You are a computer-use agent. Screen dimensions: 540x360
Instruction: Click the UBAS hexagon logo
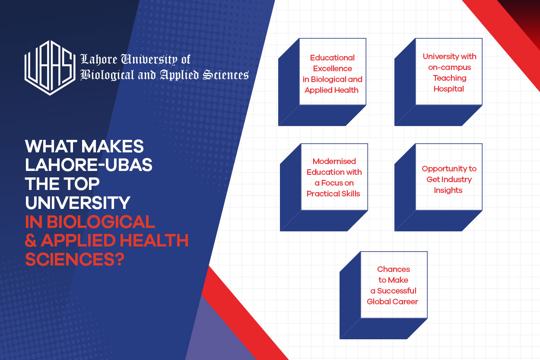(x=50, y=68)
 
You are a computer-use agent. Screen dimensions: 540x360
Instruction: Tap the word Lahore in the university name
(x=99, y=59)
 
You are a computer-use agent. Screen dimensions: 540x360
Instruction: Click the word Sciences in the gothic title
(x=226, y=75)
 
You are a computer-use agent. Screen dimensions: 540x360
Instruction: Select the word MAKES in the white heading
(x=112, y=146)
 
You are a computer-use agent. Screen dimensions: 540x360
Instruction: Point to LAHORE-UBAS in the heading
(x=89, y=165)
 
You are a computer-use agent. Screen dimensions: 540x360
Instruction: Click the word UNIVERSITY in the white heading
(x=78, y=202)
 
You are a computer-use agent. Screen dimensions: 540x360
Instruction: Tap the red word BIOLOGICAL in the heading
(x=101, y=221)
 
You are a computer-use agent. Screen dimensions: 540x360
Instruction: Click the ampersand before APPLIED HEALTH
(x=31, y=240)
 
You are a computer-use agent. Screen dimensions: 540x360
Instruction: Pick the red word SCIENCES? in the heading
(x=75, y=259)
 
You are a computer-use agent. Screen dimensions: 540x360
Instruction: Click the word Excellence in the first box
(x=333, y=69)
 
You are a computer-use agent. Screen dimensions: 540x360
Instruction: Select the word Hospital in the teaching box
(x=449, y=89)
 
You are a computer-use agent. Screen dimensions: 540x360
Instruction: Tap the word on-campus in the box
(x=449, y=67)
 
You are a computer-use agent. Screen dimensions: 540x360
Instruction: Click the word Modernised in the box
(x=334, y=161)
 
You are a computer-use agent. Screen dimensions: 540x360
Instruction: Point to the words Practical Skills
(x=333, y=194)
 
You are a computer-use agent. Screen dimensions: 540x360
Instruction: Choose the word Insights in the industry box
(x=448, y=190)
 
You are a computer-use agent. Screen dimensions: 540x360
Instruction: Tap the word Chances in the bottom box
(x=394, y=269)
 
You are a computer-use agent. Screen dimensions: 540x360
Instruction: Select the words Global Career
(x=392, y=301)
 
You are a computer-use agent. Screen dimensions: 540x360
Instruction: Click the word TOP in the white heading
(x=81, y=184)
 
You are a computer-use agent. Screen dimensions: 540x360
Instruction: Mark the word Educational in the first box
(x=332, y=58)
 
